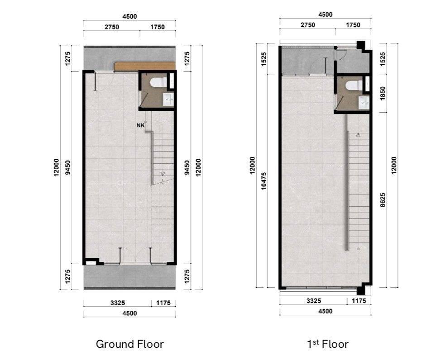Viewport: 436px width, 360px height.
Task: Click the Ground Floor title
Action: pyautogui.click(x=130, y=344)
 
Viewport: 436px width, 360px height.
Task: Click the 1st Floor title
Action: pyautogui.click(x=328, y=344)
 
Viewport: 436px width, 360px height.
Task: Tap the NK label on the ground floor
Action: pyautogui.click(x=140, y=125)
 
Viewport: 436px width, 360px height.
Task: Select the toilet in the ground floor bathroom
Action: pyautogui.click(x=158, y=82)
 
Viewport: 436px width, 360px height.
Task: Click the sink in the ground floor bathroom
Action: pyautogui.click(x=168, y=99)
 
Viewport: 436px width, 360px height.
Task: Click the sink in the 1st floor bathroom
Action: pyautogui.click(x=364, y=102)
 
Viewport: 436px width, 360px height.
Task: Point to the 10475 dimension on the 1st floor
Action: pyautogui.click(x=264, y=181)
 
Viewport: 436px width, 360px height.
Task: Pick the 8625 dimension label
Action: pyautogui.click(x=383, y=200)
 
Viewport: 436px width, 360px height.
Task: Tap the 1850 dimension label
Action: pyautogui.click(x=383, y=93)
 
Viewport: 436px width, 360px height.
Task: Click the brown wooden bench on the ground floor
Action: pyautogui.click(x=145, y=66)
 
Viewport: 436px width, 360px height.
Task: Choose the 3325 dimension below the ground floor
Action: pyautogui.click(x=118, y=303)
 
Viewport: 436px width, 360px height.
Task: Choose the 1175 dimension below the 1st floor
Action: pyautogui.click(x=359, y=301)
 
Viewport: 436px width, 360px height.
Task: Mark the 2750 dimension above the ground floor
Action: pyautogui.click(x=112, y=27)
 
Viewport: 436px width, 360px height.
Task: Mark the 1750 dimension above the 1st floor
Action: pyautogui.click(x=353, y=25)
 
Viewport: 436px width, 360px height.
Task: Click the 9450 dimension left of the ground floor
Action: pyautogui.click(x=67, y=167)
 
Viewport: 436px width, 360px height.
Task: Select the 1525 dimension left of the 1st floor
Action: pyautogui.click(x=264, y=59)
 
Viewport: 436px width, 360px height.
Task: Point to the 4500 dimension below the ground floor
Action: pyautogui.click(x=129, y=313)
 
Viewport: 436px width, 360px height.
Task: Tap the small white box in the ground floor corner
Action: pyautogui.click(x=90, y=262)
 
